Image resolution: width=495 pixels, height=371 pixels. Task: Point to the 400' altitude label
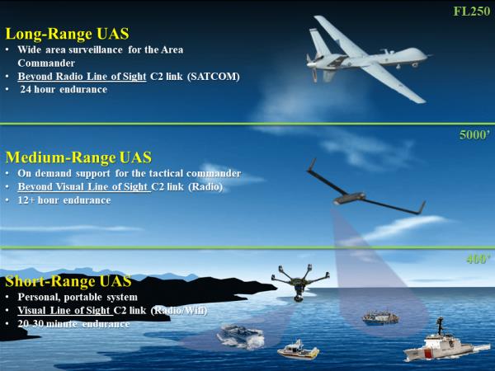coord(477,259)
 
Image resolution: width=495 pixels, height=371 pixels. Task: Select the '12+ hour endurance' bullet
coord(64,200)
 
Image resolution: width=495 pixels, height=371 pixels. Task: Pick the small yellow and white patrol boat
coord(298,348)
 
